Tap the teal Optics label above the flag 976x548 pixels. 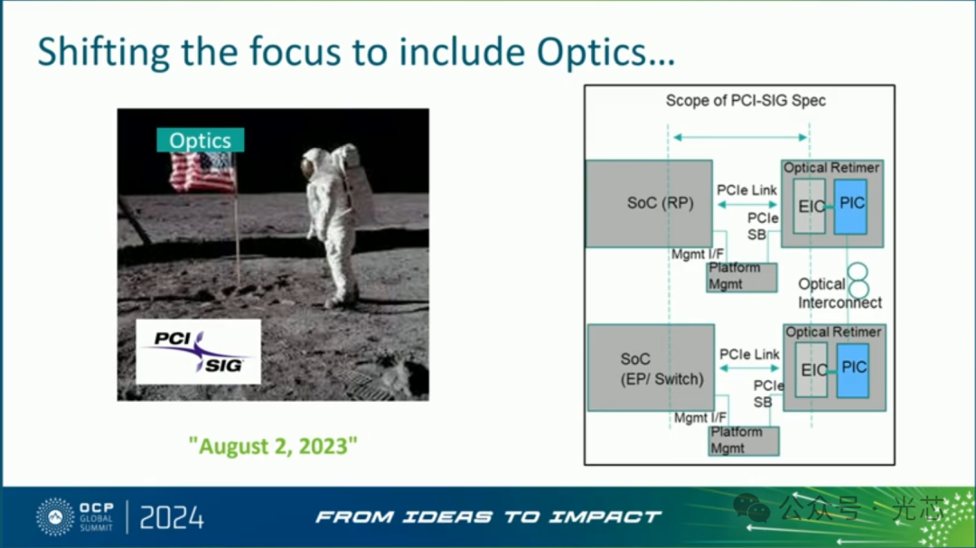(x=201, y=141)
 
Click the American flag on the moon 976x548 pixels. (x=202, y=172)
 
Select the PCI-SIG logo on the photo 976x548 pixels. (x=199, y=351)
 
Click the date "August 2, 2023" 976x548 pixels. (x=273, y=446)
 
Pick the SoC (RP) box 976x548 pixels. (x=649, y=203)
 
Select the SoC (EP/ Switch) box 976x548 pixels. (x=651, y=367)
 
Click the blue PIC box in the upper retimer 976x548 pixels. (x=851, y=207)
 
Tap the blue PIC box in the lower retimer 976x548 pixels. (x=853, y=371)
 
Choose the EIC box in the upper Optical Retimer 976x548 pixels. (x=810, y=207)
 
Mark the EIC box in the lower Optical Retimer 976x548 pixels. (x=812, y=370)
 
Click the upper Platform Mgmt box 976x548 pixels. (x=742, y=277)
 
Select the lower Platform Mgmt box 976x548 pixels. (x=744, y=441)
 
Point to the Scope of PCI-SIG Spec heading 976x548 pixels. (x=746, y=101)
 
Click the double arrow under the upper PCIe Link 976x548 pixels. (x=747, y=204)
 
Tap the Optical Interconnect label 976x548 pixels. (x=840, y=293)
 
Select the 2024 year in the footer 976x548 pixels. (x=172, y=517)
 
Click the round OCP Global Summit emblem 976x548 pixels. (x=55, y=517)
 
